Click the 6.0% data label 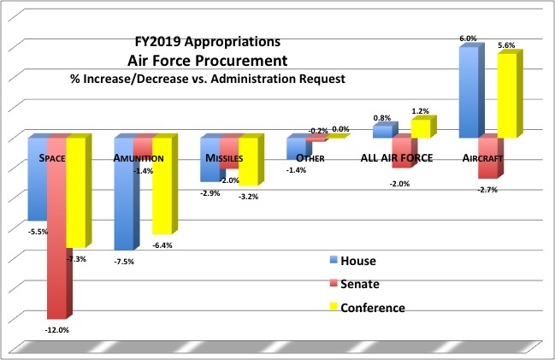point(469,38)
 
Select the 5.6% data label point(507,45)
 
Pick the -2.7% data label point(488,190)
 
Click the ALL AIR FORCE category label point(398,158)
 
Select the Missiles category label point(223,158)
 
